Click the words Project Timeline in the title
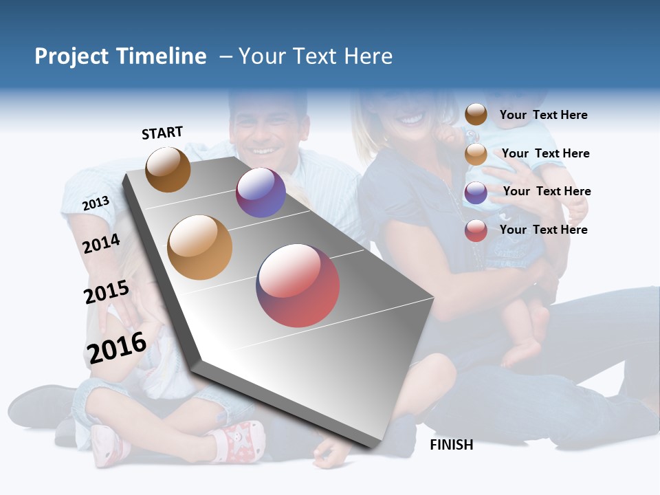pyautogui.click(x=120, y=56)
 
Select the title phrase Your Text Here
pyautogui.click(x=316, y=56)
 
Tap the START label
pyautogui.click(x=162, y=133)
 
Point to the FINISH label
pyautogui.click(x=451, y=445)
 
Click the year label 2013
pyautogui.click(x=96, y=203)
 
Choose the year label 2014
pyautogui.click(x=102, y=243)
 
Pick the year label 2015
pyautogui.click(x=107, y=292)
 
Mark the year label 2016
pyautogui.click(x=117, y=348)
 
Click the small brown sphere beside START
pyautogui.click(x=168, y=169)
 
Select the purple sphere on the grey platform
pyautogui.click(x=261, y=192)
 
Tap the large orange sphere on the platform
pyautogui.click(x=200, y=247)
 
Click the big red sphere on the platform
pyautogui.click(x=298, y=285)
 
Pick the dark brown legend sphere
pyautogui.click(x=476, y=114)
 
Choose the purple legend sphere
pyautogui.click(x=476, y=192)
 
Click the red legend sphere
pyautogui.click(x=476, y=230)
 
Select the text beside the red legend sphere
pyautogui.click(x=543, y=230)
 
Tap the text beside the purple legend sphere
pyautogui.click(x=547, y=191)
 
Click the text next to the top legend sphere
pyautogui.click(x=543, y=115)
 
